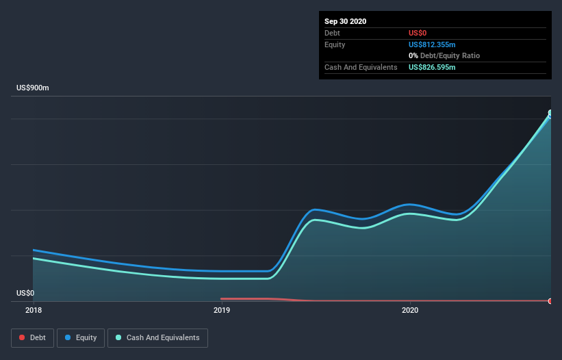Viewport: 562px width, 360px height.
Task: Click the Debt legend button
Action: pos(32,337)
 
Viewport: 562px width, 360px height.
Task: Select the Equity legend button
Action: pos(81,337)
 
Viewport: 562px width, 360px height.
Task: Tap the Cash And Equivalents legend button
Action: pos(157,337)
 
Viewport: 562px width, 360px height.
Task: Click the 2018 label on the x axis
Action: pos(33,311)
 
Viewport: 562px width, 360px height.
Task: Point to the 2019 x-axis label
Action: pos(222,311)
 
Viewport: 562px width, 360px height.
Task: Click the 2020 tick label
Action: pos(410,311)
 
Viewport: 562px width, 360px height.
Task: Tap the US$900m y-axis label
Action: pos(33,88)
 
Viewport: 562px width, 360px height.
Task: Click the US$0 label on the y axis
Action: pos(25,293)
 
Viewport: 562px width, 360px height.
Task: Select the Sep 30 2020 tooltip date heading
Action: pos(345,21)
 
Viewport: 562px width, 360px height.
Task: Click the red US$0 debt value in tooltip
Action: pos(418,33)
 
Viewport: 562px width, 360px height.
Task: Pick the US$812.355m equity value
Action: pos(432,44)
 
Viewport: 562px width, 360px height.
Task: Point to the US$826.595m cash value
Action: pos(432,67)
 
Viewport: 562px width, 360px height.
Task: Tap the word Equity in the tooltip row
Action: pos(335,44)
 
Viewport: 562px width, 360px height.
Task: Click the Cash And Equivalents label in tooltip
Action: pos(361,67)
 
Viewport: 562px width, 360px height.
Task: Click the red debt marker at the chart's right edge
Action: pos(550,301)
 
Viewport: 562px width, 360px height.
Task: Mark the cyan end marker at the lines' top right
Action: pos(550,114)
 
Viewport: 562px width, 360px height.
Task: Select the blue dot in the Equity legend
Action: pos(68,338)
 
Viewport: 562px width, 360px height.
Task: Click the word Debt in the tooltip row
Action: pos(332,33)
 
